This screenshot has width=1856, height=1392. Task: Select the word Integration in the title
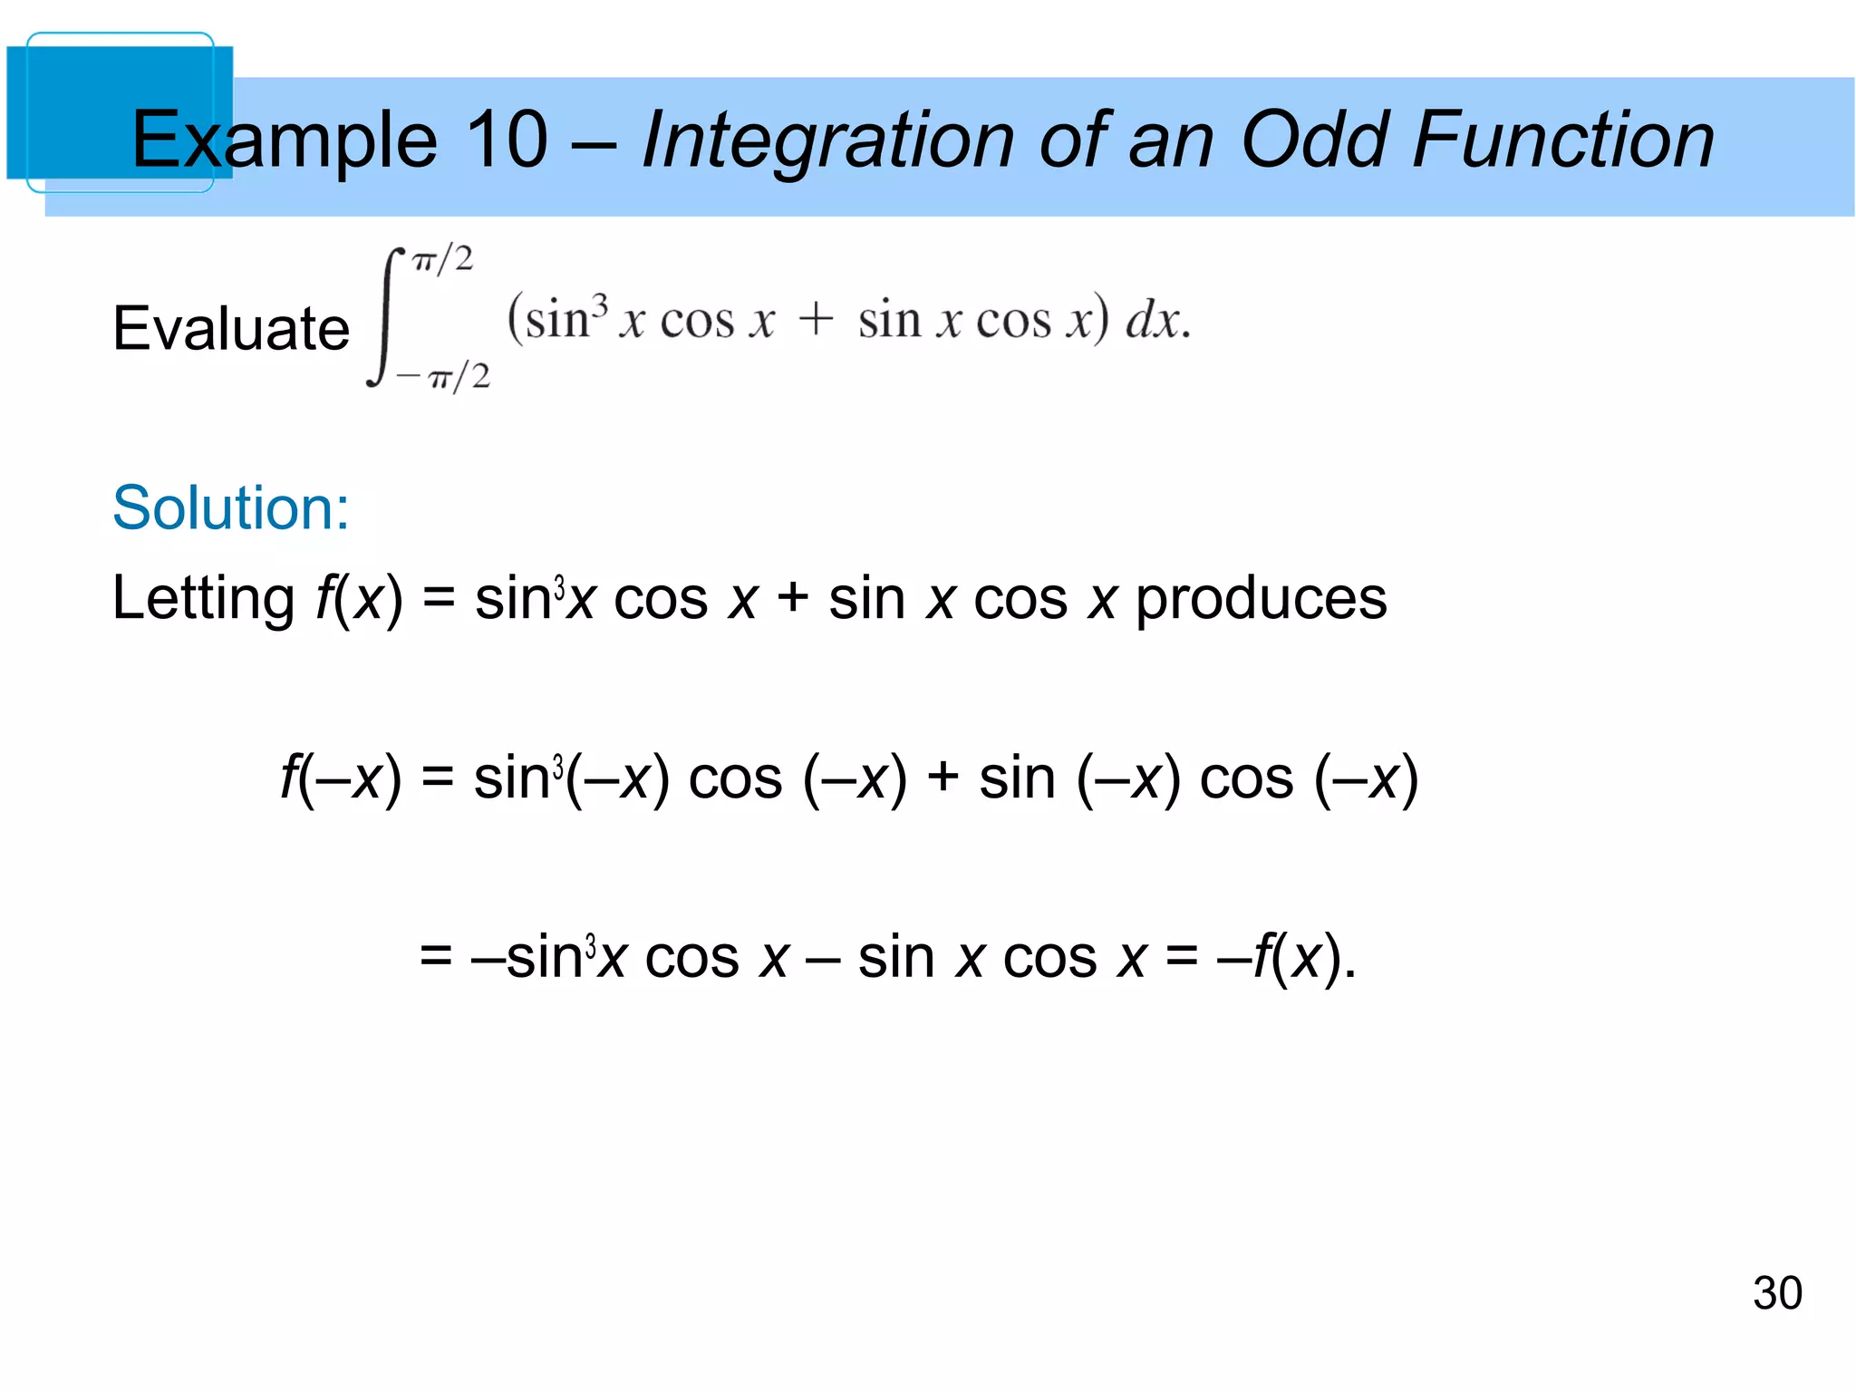pos(827,140)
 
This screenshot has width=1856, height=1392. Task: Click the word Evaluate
pos(231,328)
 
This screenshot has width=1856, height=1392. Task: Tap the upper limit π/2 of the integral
pos(442,261)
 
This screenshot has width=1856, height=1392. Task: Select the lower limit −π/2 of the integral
pos(444,375)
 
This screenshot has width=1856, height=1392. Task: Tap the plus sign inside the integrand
pos(816,320)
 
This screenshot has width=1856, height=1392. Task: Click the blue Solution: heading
pos(231,507)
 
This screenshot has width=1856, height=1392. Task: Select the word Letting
pos(203,600)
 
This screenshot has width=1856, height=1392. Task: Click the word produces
pos(1261,600)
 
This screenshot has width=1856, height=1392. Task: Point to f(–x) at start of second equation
pos(340,778)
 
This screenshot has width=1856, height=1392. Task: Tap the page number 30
pos(1776,1293)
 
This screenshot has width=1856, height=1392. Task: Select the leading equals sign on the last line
pos(436,957)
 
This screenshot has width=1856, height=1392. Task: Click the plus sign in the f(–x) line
pos(942,778)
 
